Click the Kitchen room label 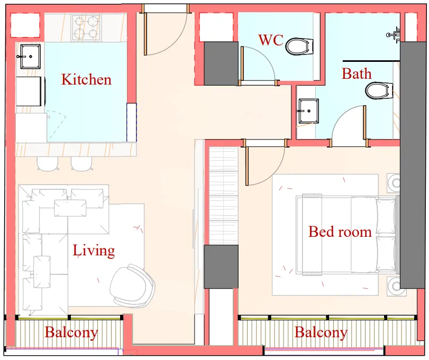coord(86,80)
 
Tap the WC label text coord(271,40)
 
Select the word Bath coord(357,73)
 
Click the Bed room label coord(340,232)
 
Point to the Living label coord(94,250)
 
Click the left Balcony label coord(71,333)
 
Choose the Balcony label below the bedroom coord(321,333)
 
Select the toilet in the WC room coord(298,46)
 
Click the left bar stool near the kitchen coord(47,164)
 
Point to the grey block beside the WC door coord(221,63)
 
